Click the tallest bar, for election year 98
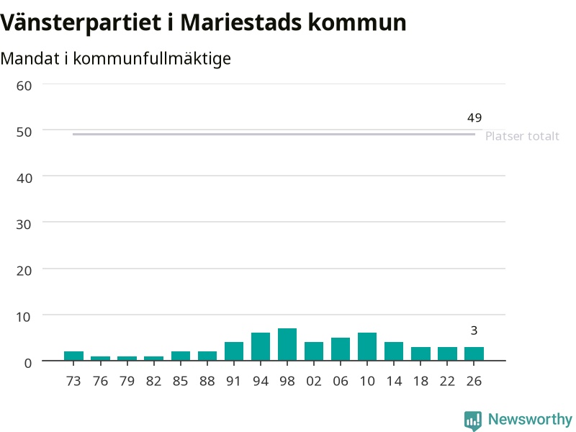coord(287,345)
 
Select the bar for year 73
coord(73,356)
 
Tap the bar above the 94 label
coord(261,347)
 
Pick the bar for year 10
coord(367,347)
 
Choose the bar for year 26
coord(474,354)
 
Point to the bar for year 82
coord(153,359)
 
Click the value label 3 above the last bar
coord(474,330)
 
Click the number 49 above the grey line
coord(474,118)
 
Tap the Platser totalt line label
coord(522,136)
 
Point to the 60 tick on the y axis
coord(24,86)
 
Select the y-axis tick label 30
coord(24,224)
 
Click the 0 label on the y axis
coord(28,363)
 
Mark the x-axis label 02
coord(314,381)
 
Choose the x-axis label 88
coord(207,381)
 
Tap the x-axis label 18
coord(420,381)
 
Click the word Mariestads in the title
coord(241,22)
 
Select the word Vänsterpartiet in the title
coord(81,23)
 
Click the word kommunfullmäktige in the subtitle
coord(152,59)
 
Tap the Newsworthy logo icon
coord(473,420)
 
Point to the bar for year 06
coord(341,349)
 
